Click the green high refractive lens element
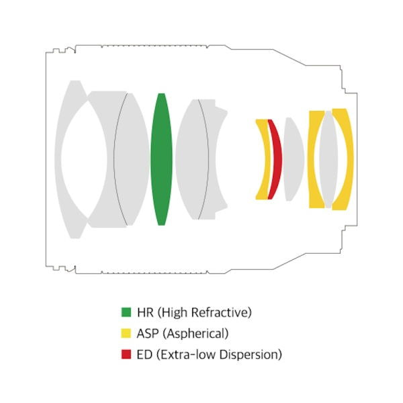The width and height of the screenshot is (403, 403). click(160, 160)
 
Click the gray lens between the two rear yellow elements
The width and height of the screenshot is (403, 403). click(328, 160)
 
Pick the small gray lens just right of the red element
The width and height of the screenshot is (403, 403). click(293, 160)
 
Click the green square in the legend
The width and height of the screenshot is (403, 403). click(126, 312)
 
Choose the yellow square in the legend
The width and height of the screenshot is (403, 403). click(126, 333)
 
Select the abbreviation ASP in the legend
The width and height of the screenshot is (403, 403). click(148, 333)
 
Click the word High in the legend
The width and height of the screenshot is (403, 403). click(174, 312)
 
